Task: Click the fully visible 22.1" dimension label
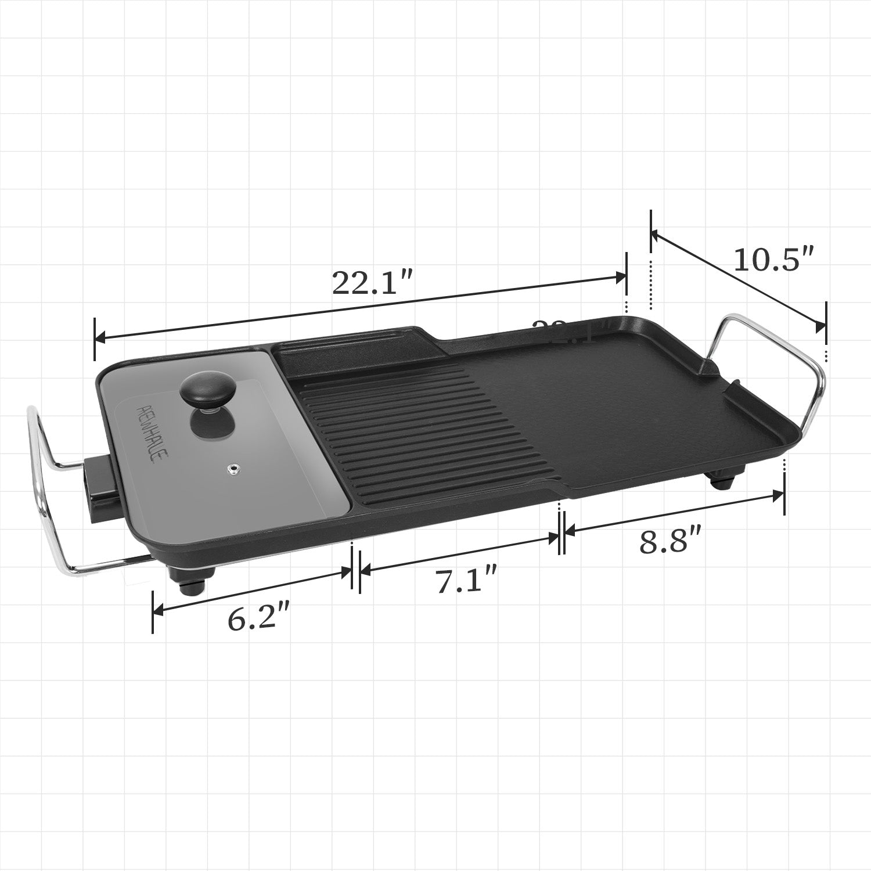tap(372, 283)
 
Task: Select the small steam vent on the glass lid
tap(233, 467)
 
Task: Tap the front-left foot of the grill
tap(192, 581)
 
